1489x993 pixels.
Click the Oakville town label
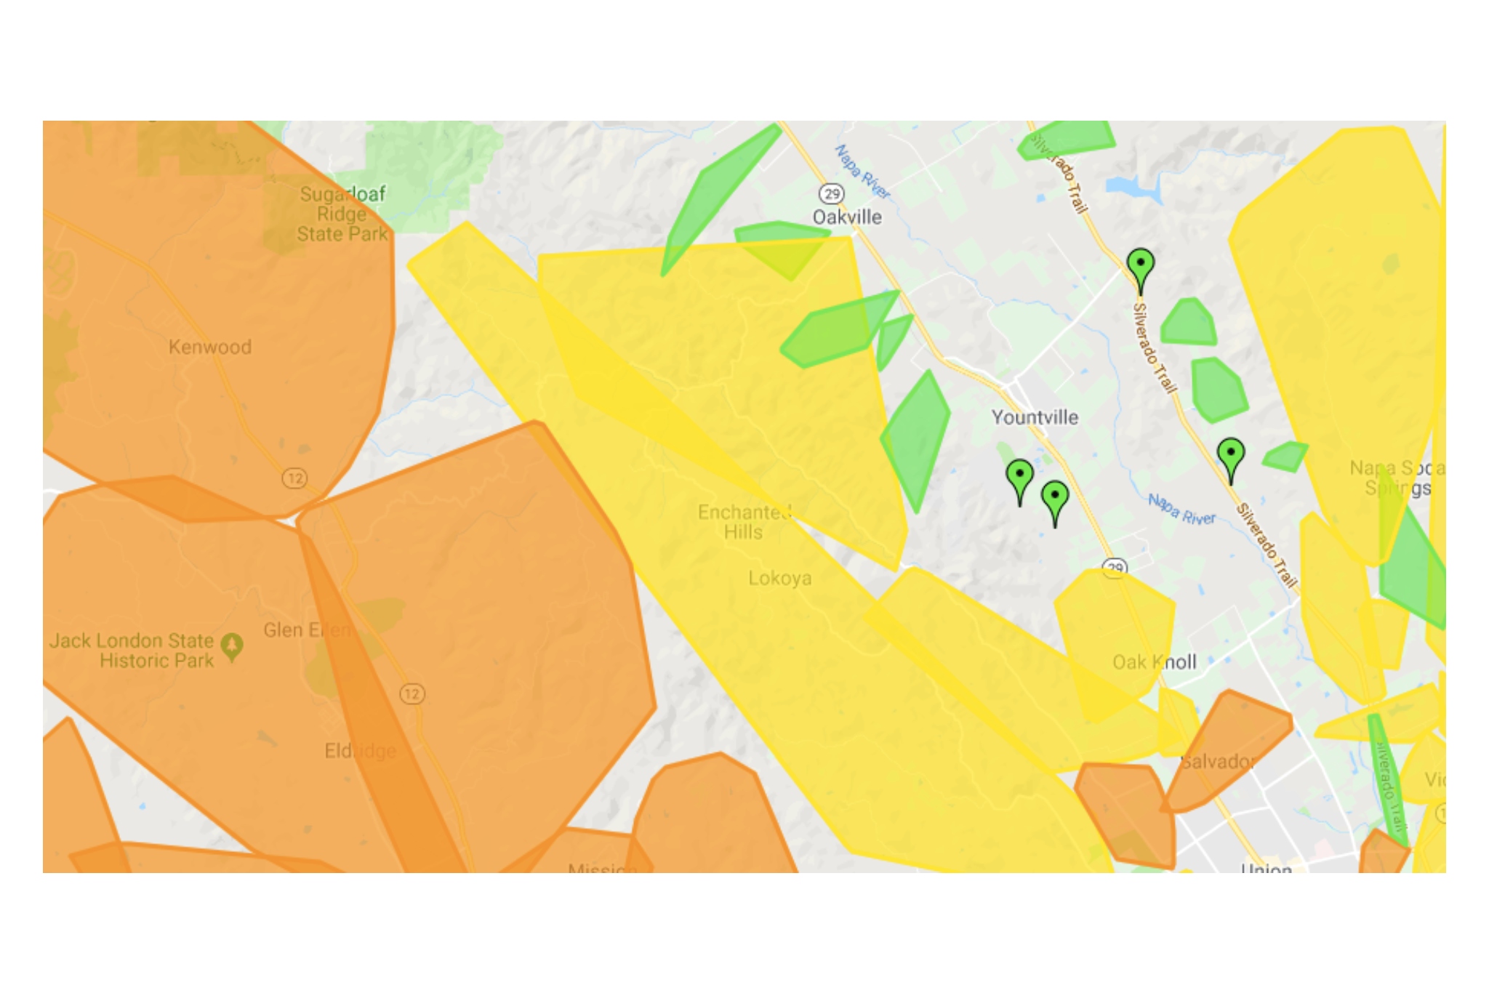pos(847,217)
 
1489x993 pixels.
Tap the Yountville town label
pos(1035,417)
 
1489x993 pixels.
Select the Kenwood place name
pos(210,347)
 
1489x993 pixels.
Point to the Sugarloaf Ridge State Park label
pos(342,214)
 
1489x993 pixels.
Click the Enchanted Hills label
pos(744,522)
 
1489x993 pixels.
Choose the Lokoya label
pos(780,579)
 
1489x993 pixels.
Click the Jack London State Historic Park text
pos(133,651)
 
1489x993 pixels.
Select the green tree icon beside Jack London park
pos(232,646)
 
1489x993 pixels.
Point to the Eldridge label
pos(361,750)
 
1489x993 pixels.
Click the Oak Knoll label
pos(1155,662)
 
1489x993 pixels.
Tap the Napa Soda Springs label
pos(1396,478)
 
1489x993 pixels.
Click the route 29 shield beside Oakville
pos(831,194)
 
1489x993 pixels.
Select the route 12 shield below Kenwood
pos(294,478)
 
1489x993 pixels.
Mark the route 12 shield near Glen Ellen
pos(412,694)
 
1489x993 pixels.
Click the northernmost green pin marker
pos(1140,265)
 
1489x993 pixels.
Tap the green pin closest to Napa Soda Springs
pos(1230,454)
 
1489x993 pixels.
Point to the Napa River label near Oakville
pos(862,172)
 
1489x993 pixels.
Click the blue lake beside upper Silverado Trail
pos(1134,188)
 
